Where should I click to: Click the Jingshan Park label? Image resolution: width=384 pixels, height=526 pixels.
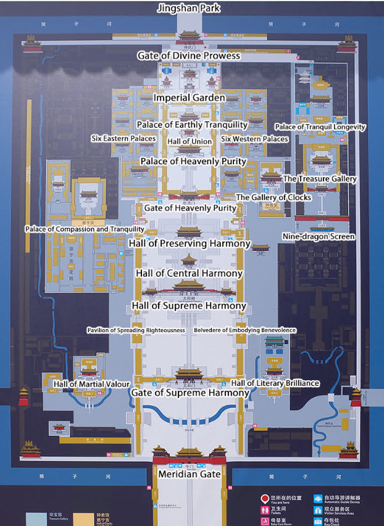coord(189,9)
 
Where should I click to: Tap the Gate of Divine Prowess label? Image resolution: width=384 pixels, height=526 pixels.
coord(188,56)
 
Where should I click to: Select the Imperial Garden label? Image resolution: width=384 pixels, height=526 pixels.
coord(190,98)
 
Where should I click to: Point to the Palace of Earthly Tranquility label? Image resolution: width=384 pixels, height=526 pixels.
coord(192,125)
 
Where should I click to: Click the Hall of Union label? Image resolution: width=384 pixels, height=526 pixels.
coord(190,141)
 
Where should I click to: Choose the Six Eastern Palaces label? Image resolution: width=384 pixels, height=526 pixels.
coord(123,138)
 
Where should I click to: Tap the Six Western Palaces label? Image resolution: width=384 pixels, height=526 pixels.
coord(254,139)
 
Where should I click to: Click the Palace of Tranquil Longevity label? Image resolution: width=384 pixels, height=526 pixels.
coord(320,127)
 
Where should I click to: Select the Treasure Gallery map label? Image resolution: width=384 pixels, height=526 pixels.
coord(320,179)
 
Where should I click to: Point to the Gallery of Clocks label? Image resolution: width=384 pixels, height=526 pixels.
coord(273,198)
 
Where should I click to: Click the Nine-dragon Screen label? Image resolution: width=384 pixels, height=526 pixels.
coord(319,236)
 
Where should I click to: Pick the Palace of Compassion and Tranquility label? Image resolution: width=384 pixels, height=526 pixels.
coord(85,229)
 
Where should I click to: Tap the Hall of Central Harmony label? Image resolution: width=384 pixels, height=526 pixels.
coord(190,273)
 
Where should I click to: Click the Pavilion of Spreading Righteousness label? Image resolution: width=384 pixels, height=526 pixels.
coord(136,330)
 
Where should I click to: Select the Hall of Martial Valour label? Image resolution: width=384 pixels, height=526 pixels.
coord(91,383)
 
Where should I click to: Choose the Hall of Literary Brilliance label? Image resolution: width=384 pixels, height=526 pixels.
coord(275,383)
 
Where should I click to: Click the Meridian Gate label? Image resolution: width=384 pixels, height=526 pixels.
coord(190,474)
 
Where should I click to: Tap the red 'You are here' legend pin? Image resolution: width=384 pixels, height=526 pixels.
coord(265,498)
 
